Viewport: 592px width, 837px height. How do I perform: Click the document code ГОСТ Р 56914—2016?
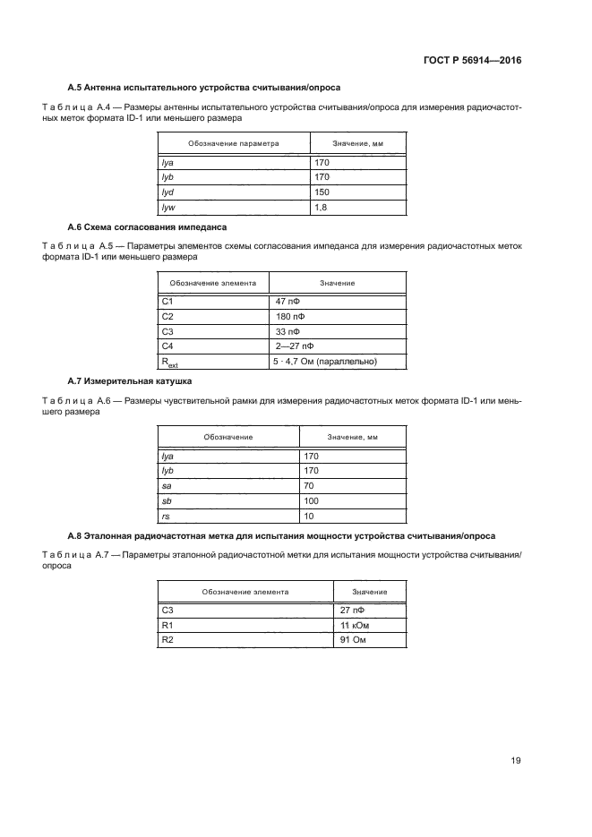point(471,61)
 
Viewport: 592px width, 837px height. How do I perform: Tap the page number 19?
point(516,761)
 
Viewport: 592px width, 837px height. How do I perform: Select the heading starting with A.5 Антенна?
point(204,88)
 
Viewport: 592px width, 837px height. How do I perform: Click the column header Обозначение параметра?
point(233,143)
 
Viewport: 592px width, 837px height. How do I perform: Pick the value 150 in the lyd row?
point(322,192)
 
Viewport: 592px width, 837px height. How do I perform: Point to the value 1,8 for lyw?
point(321,208)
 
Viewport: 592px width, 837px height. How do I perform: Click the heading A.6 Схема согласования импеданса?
point(148,227)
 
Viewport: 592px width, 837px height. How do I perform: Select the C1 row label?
point(167,302)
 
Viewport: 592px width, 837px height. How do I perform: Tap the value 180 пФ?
point(289,317)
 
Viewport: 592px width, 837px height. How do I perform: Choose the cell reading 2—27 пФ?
point(295,346)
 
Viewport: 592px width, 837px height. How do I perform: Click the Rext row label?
point(168,363)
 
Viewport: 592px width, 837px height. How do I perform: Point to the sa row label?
point(166,486)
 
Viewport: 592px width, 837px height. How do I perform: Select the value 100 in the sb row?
point(312,501)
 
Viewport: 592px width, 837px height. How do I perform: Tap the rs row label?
point(165,517)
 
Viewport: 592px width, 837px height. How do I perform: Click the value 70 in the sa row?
point(310,486)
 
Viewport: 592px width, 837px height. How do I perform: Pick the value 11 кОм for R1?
point(356,626)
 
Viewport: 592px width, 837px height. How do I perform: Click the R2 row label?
point(167,641)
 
